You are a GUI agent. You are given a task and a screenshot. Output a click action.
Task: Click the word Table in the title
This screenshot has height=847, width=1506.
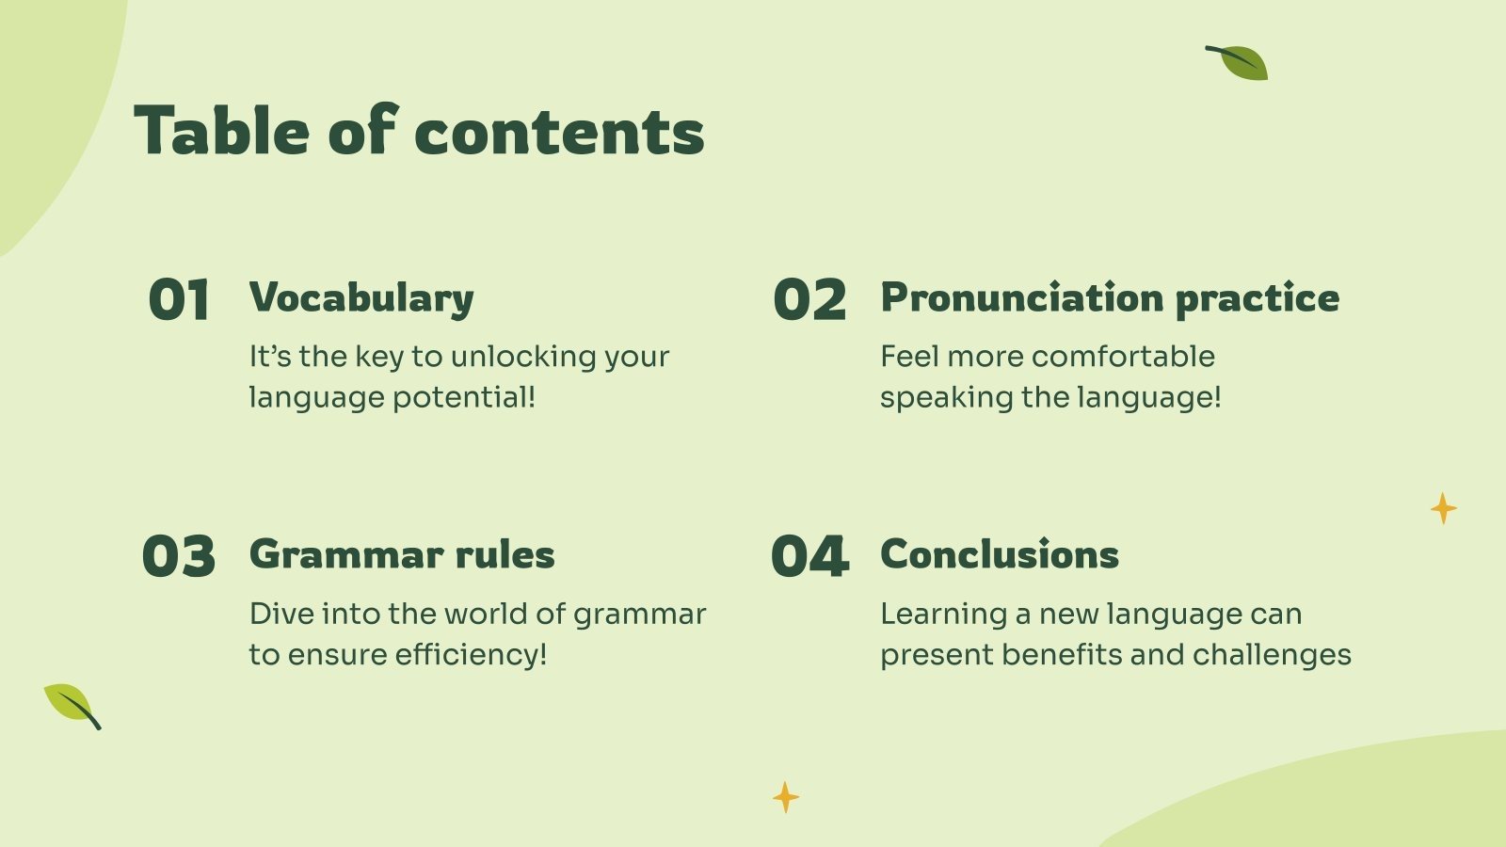[222, 130]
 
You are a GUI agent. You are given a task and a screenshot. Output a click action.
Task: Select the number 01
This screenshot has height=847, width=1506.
[179, 299]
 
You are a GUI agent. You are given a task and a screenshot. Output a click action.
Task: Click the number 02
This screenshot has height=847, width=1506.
[809, 299]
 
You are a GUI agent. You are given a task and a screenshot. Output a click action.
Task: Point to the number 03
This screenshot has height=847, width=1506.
[179, 556]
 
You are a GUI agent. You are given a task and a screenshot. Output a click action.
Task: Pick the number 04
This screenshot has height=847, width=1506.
[809, 556]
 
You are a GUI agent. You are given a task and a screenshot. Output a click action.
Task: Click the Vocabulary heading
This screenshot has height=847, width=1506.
[361, 297]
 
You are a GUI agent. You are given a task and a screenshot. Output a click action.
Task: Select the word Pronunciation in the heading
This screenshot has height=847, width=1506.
[1022, 297]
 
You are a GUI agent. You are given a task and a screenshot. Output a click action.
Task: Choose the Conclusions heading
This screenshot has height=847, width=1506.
[1000, 554]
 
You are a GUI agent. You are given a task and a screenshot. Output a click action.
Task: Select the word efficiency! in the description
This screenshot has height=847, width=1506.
[471, 654]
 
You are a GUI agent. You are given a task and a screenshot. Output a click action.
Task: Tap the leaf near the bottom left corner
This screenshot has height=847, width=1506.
[72, 706]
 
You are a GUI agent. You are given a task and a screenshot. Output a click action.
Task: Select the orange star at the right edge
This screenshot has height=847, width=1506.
[1444, 508]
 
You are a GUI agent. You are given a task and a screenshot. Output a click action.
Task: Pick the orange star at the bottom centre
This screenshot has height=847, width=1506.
[785, 797]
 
